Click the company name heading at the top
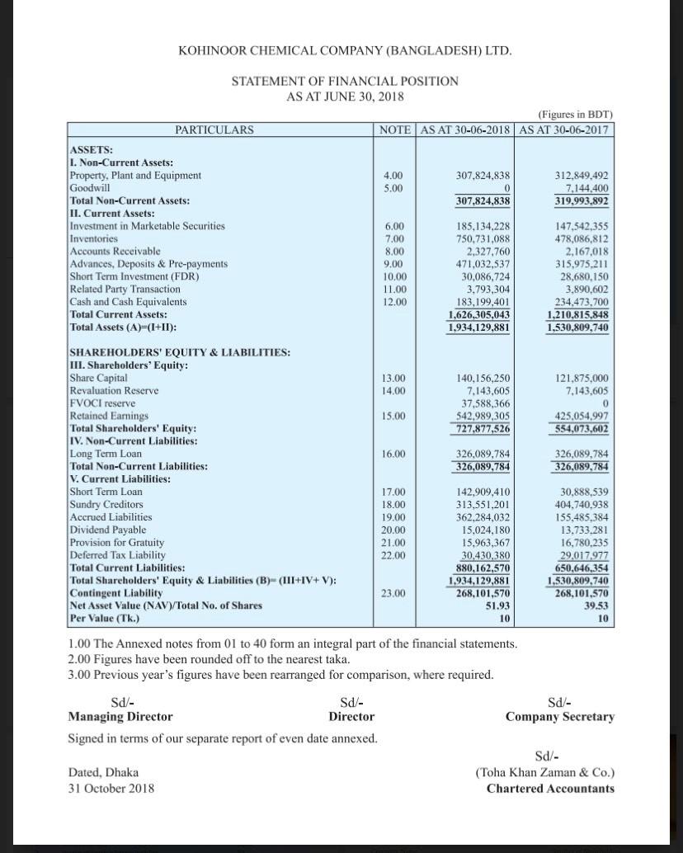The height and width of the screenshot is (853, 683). pyautogui.click(x=345, y=51)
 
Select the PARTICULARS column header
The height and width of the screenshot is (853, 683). pyautogui.click(x=214, y=130)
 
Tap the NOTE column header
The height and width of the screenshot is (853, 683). pyautogui.click(x=395, y=130)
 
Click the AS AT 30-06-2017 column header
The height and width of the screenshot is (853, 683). pyautogui.click(x=566, y=130)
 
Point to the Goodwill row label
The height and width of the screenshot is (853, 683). pyautogui.click(x=91, y=188)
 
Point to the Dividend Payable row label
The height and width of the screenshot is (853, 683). pyautogui.click(x=108, y=530)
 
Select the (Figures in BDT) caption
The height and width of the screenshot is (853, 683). pyautogui.click(x=575, y=115)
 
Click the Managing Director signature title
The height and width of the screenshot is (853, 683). pyautogui.click(x=120, y=717)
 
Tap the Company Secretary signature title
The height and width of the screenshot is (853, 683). pyautogui.click(x=560, y=717)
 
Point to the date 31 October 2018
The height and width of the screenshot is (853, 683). pyautogui.click(x=111, y=788)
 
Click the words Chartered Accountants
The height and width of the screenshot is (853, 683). pyautogui.click(x=550, y=788)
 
